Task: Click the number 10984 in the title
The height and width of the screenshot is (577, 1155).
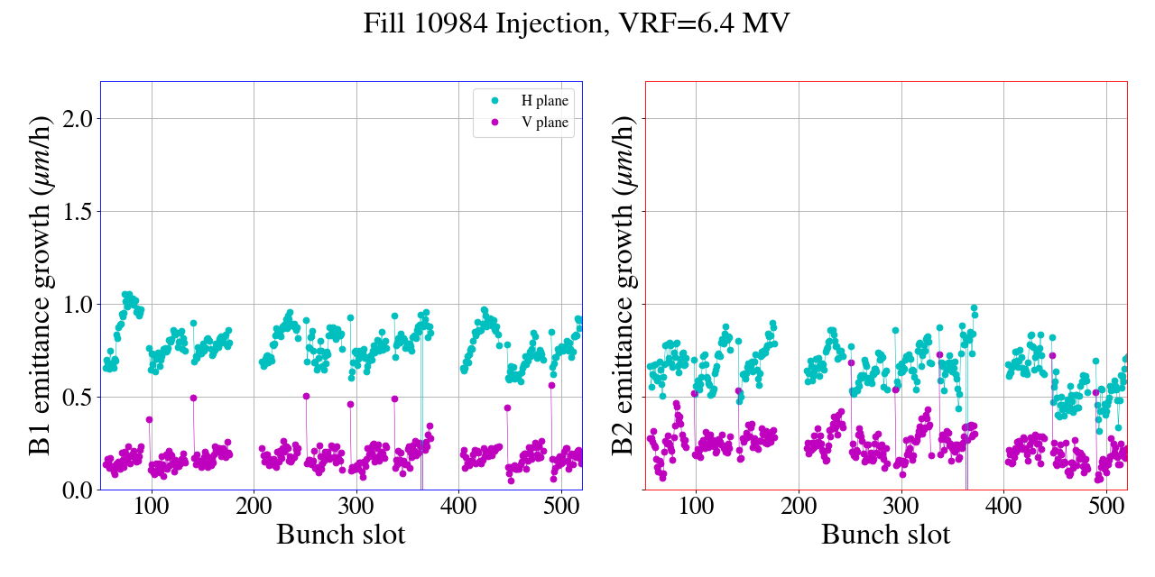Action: [x=454, y=23]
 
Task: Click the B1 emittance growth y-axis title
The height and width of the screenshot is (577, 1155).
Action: [x=41, y=285]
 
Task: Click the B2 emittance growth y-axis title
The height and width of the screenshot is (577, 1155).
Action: [x=624, y=285]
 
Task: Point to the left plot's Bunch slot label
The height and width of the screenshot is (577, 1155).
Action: [x=341, y=535]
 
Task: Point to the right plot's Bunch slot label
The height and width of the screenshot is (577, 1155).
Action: [x=886, y=535]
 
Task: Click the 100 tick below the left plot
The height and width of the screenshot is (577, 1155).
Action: [x=152, y=507]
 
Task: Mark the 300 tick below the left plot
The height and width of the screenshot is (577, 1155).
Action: [x=356, y=507]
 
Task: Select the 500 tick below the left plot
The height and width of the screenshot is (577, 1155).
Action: [x=561, y=507]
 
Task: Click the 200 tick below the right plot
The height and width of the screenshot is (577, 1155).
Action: [x=799, y=507]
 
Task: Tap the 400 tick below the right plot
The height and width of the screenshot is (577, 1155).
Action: [x=1003, y=507]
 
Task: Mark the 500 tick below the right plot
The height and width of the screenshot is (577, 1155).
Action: [x=1106, y=507]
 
